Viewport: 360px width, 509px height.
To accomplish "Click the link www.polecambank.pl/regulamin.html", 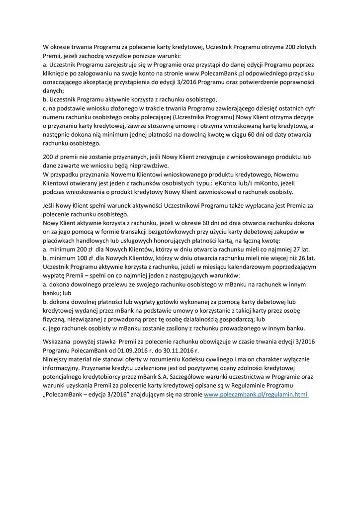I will (256, 395).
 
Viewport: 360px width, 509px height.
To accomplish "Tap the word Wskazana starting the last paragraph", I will (57, 341).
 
